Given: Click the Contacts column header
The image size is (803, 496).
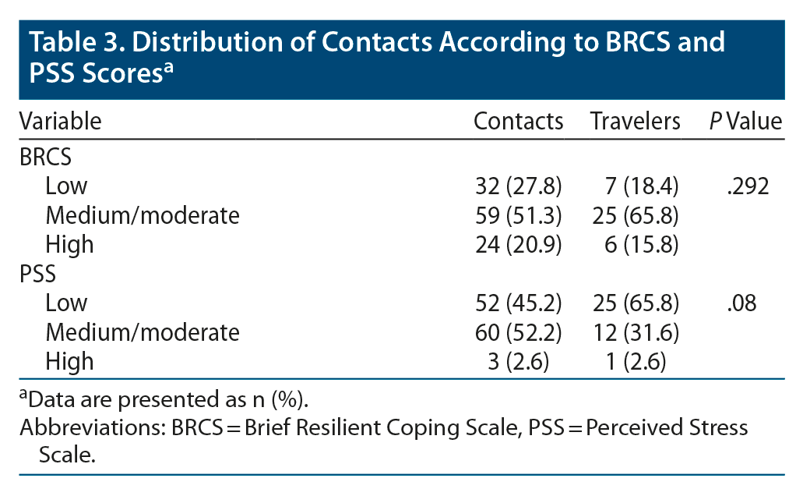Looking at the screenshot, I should [518, 122].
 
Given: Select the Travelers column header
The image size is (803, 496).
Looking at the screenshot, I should [635, 122].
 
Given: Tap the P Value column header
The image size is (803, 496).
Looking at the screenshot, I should [745, 122].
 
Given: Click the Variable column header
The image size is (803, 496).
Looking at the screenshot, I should [61, 122].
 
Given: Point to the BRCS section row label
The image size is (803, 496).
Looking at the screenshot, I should [45, 157].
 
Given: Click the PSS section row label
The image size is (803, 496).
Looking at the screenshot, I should [37, 274].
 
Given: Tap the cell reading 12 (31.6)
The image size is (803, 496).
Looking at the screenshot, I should [636, 332].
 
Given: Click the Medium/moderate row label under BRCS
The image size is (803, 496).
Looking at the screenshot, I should [143, 215].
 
